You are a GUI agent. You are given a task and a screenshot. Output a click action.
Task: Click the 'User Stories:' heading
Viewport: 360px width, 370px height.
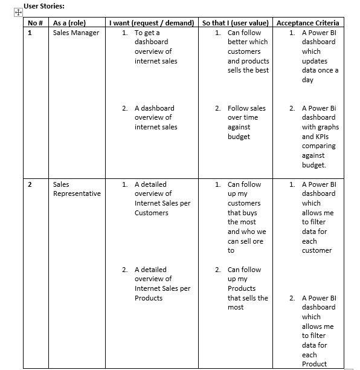pyautogui.click(x=44, y=6)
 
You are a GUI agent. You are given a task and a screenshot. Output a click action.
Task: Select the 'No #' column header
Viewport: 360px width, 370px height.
pyautogui.click(x=35, y=23)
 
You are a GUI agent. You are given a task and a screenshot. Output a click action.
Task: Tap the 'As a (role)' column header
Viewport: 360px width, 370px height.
pyautogui.click(x=69, y=23)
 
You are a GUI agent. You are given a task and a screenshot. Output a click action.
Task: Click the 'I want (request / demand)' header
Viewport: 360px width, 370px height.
pyautogui.click(x=152, y=23)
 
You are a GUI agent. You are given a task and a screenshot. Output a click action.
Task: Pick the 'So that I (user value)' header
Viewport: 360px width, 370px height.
pyautogui.click(x=236, y=23)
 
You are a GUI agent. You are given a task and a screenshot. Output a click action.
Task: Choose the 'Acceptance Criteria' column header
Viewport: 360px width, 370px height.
pyautogui.click(x=307, y=23)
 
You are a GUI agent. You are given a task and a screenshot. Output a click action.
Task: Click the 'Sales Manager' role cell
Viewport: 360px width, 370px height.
pyautogui.click(x=76, y=33)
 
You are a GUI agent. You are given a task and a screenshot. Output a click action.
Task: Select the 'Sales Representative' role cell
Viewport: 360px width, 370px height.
pyautogui.click(x=77, y=189)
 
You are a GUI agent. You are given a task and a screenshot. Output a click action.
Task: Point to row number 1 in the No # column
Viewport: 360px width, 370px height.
pyautogui.click(x=30, y=33)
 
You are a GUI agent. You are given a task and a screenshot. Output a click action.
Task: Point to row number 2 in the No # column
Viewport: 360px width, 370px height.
pyautogui.click(x=30, y=184)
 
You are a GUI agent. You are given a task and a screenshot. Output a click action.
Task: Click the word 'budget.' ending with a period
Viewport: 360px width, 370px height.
pyautogui.click(x=313, y=165)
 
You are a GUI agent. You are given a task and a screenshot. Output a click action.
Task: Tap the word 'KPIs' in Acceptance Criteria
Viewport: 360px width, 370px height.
pyautogui.click(x=322, y=137)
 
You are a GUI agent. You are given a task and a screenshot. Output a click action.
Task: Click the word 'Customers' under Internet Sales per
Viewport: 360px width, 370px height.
pyautogui.click(x=151, y=213)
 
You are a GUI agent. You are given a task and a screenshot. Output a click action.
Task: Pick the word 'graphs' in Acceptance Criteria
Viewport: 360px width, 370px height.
pyautogui.click(x=328, y=127)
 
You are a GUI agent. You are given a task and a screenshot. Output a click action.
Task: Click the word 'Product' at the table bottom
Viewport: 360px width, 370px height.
pyautogui.click(x=314, y=364)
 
